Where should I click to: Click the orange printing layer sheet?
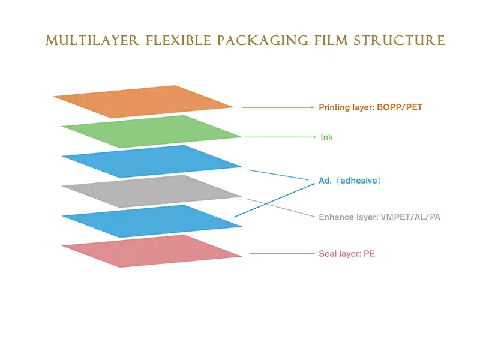(144, 101)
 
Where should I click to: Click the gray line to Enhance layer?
(282, 207)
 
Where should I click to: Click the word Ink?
(326, 137)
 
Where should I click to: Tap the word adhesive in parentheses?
(358, 181)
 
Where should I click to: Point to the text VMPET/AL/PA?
(410, 217)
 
